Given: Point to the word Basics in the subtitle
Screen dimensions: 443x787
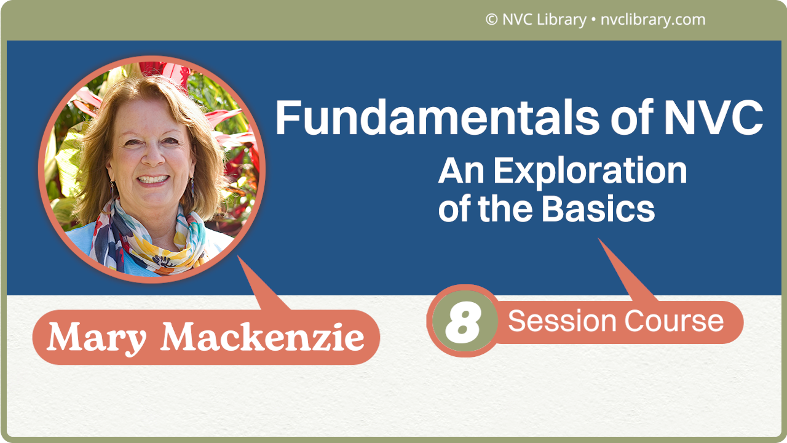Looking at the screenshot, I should pos(598,209).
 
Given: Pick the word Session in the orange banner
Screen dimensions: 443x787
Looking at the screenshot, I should pos(562,321).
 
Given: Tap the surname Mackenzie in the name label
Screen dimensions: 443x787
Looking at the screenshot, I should pos(263,337).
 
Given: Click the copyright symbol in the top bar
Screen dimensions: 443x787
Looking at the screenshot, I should pos(491,20).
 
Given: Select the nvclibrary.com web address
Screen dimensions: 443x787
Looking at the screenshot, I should pos(652,20).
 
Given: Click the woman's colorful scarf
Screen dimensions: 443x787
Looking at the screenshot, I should pos(148,240).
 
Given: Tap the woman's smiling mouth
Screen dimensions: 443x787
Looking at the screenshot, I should pos(152,180).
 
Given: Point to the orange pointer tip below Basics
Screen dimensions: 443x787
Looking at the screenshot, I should pos(601,242).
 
